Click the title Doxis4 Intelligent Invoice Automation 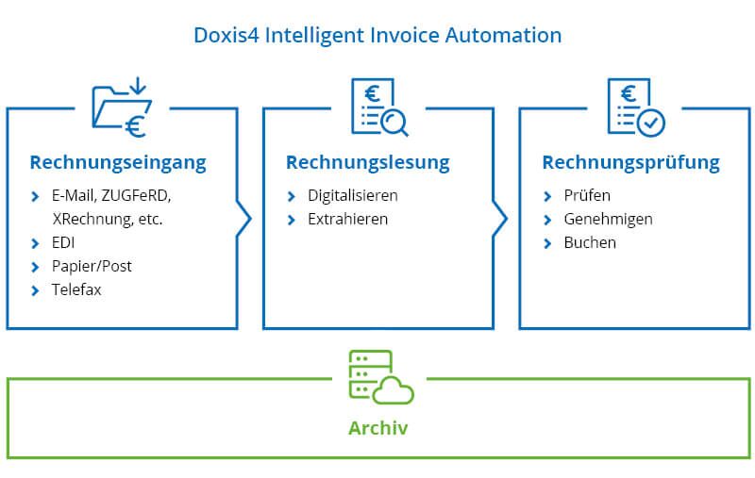pos(377,36)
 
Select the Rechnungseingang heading pos(118,162)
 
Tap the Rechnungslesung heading pos(368,162)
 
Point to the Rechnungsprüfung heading pos(630,162)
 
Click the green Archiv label pos(378,428)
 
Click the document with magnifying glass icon pos(378,106)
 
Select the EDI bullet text pos(64,242)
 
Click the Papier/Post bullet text pos(92,266)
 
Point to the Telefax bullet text pos(76,289)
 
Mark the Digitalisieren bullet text pos(353,195)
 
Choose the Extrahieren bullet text pos(347,219)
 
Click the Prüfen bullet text pos(587,195)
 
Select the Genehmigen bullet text pos(608,219)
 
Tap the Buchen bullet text pos(590,242)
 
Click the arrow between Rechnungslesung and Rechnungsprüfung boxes pos(500,219)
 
